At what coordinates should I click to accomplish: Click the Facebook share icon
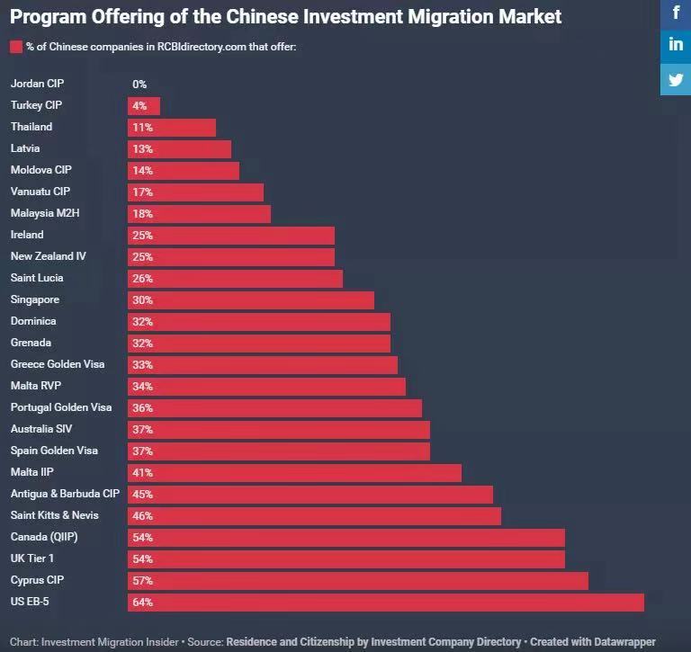[676, 13]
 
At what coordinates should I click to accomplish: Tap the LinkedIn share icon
[676, 45]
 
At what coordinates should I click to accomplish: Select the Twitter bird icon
[676, 78]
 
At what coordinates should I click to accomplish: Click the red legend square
[15, 47]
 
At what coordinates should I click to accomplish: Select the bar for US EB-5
[386, 602]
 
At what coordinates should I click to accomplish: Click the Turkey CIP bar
[144, 105]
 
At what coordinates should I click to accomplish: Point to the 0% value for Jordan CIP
[139, 84]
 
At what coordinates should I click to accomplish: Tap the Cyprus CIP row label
[37, 580]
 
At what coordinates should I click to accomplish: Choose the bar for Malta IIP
[294, 472]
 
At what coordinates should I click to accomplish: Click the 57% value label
[142, 580]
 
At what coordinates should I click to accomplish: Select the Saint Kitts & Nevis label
[55, 515]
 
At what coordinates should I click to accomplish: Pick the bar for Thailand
[172, 127]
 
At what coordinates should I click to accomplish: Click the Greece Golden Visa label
[58, 364]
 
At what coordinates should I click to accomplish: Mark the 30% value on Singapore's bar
[142, 299]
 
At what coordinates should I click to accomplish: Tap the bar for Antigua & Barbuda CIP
[310, 494]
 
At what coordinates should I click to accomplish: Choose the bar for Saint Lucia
[235, 278]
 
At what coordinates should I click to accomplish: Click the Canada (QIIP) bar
[346, 537]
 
